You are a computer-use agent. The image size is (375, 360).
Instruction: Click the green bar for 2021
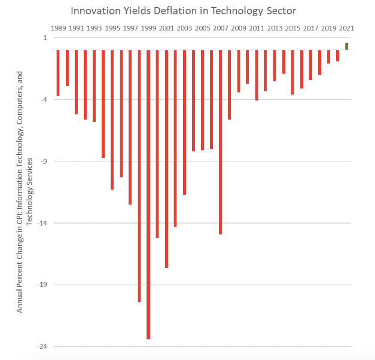346,46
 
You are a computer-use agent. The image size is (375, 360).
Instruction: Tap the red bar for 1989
58,72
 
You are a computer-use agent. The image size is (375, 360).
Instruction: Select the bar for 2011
257,75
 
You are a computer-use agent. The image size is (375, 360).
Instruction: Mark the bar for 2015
292,72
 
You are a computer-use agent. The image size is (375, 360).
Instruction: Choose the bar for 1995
112,120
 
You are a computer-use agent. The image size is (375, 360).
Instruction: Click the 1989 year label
59,28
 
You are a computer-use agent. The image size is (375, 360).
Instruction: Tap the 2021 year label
346,28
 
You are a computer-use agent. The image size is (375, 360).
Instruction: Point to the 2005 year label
202,28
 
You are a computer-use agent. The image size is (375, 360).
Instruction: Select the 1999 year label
148,28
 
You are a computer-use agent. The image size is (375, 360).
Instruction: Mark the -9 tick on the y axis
44,161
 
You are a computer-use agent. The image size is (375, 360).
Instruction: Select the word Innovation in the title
98,11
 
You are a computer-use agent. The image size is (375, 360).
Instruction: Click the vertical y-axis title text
23,192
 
